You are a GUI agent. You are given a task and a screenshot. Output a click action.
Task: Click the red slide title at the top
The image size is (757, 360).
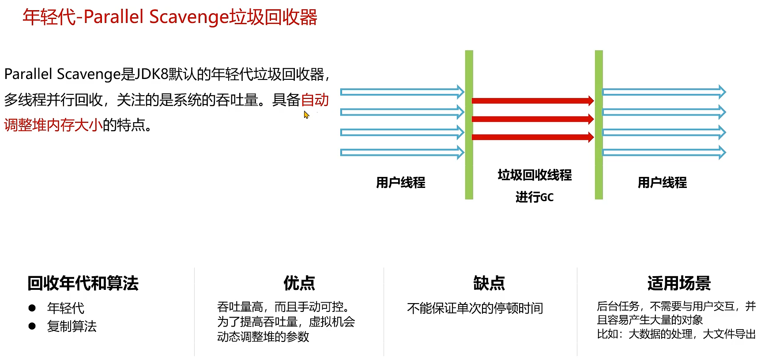[170, 17]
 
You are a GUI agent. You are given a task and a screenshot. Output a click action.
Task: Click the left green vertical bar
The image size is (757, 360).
[469, 125]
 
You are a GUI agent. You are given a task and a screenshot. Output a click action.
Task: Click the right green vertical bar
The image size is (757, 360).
[599, 125]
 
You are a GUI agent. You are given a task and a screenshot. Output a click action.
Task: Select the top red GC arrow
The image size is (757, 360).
[533, 101]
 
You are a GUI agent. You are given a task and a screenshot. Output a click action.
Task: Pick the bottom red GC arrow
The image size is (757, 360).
[533, 137]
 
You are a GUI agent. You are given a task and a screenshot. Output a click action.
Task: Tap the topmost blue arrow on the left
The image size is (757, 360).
[402, 92]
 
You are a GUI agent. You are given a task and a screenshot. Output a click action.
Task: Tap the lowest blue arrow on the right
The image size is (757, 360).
[664, 153]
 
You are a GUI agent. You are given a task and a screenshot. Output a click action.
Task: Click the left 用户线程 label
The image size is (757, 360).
[401, 183]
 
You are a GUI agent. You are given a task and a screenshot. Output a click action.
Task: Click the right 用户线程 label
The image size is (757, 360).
[662, 183]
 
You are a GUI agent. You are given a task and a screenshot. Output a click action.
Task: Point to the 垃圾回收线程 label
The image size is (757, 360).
[535, 175]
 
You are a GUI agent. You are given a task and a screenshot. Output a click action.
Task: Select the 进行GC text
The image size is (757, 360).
[535, 197]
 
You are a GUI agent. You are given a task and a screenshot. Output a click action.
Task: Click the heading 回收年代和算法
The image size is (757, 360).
[83, 283]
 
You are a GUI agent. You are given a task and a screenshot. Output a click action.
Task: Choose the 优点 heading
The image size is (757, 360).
[299, 283]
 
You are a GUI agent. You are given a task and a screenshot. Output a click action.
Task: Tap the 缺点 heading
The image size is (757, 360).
[489, 283]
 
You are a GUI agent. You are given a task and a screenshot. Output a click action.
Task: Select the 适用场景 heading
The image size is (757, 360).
[679, 283]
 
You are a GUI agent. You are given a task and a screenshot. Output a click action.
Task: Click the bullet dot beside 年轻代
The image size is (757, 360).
[32, 308]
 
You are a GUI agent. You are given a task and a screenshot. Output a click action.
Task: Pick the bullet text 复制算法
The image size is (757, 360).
[72, 326]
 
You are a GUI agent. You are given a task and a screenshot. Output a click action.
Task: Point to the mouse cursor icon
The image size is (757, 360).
[306, 115]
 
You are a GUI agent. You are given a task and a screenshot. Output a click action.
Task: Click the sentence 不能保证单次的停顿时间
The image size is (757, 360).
[475, 308]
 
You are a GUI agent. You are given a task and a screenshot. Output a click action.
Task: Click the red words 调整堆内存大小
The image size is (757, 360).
[53, 125]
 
